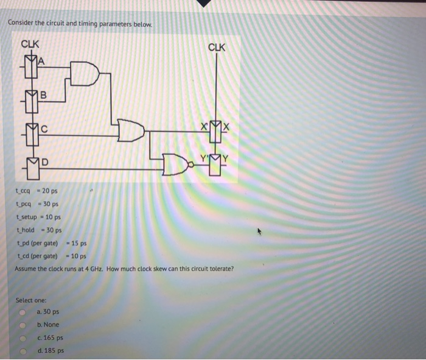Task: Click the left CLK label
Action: point(30,44)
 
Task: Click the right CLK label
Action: point(217,47)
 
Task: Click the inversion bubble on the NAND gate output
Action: point(190,163)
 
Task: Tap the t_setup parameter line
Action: point(38,217)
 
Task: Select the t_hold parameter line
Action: point(38,230)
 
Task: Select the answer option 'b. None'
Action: point(47,325)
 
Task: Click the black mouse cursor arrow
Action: point(262,231)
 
